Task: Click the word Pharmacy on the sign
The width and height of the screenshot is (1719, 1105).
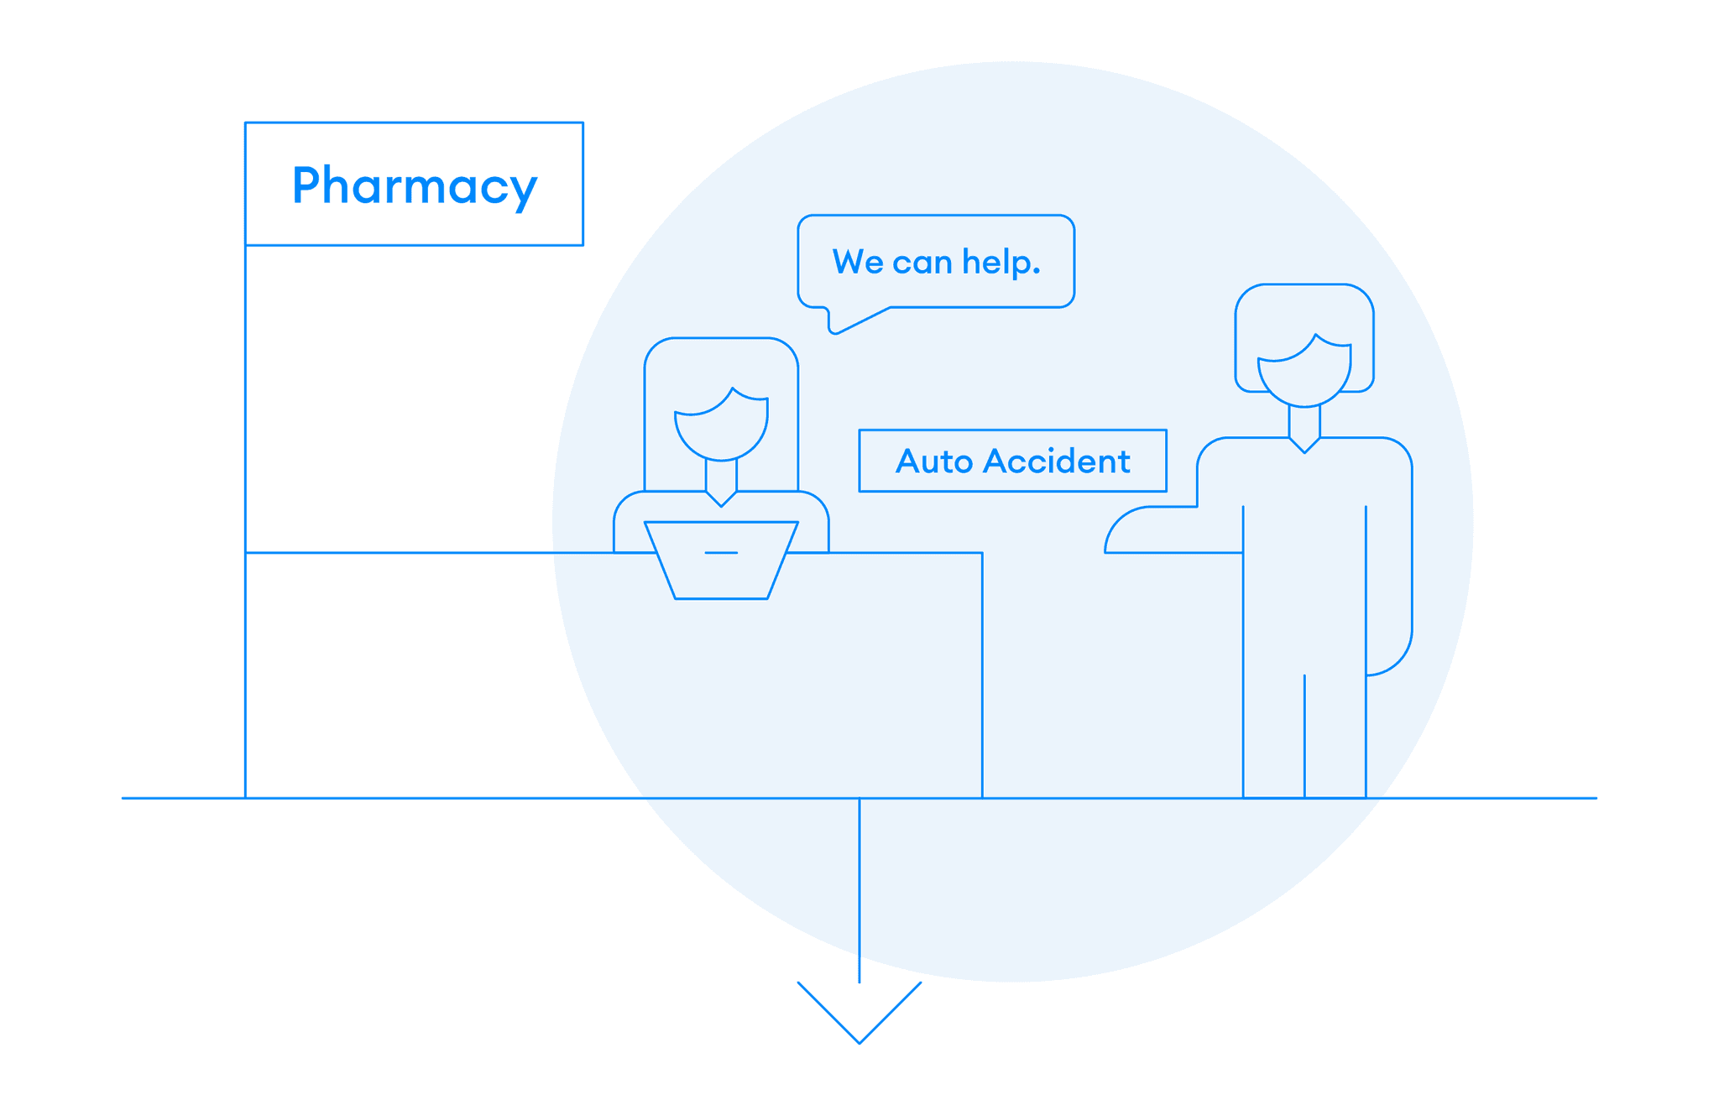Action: [x=414, y=185]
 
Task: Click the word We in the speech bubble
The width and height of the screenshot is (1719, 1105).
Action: [x=857, y=262]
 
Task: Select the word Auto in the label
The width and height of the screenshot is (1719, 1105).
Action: [x=933, y=461]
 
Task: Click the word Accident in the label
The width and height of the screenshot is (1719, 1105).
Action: [x=1057, y=461]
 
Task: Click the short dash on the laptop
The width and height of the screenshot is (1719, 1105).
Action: [x=721, y=553]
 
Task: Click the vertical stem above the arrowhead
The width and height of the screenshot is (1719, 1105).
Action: [x=859, y=889]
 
